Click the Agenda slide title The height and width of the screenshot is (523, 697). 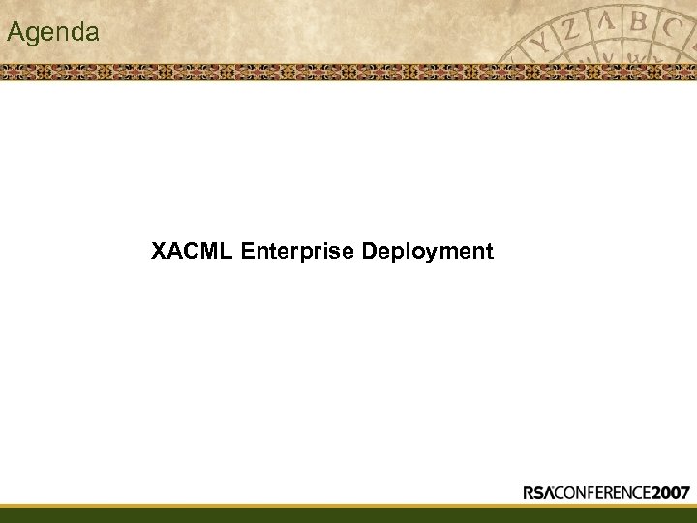(x=52, y=32)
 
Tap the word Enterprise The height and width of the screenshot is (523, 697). (x=297, y=252)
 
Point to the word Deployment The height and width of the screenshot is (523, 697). (x=427, y=252)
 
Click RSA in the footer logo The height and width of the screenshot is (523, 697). (x=543, y=492)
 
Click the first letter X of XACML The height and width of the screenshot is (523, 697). (x=159, y=252)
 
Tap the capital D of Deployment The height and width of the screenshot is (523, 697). (x=369, y=252)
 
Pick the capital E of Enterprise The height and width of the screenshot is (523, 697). (x=249, y=252)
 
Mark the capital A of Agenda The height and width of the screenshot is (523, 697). (x=15, y=32)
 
